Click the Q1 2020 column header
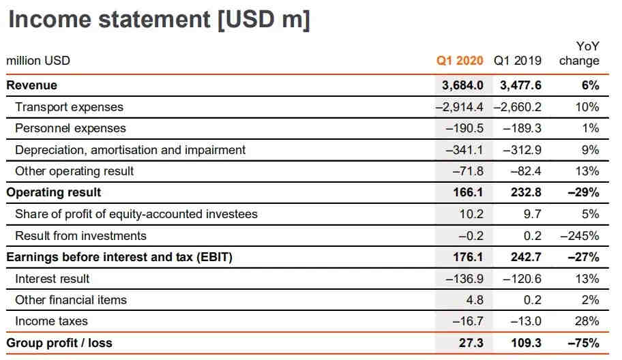point(460,60)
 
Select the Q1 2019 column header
point(518,60)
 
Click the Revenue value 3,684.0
point(462,85)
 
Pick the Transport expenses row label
point(69,107)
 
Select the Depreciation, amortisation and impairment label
point(130,149)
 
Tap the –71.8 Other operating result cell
point(468,171)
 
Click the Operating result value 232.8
point(526,192)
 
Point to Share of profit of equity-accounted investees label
point(136,214)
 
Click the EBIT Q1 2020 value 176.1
point(468,257)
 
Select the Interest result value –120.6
point(522,279)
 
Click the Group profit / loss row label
point(59,342)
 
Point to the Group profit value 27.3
point(471,342)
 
